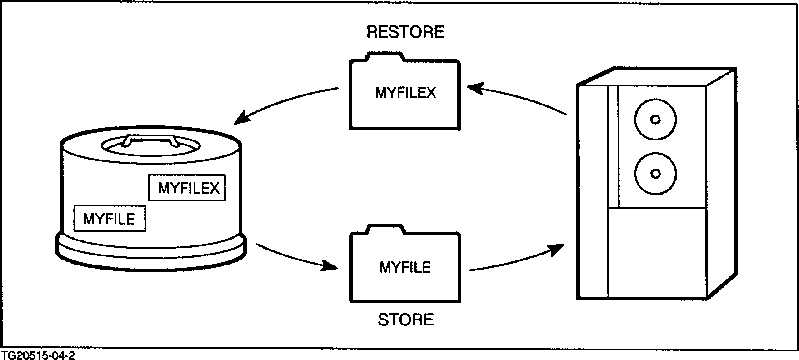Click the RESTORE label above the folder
pyautogui.click(x=405, y=32)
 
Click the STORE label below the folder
pyautogui.click(x=405, y=320)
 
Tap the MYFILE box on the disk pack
pyautogui.click(x=109, y=219)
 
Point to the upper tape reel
pyautogui.click(x=655, y=120)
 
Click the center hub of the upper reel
pyautogui.click(x=655, y=120)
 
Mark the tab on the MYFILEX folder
pyautogui.click(x=385, y=57)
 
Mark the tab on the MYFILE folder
pyautogui.click(x=385, y=230)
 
